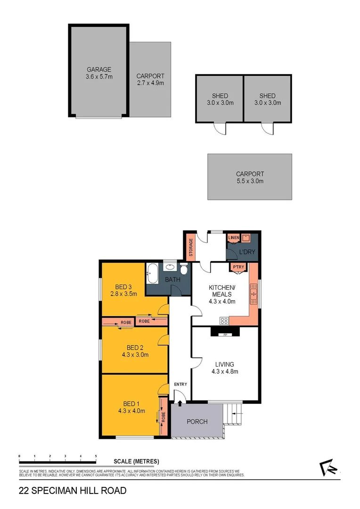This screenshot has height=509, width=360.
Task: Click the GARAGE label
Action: point(99,69)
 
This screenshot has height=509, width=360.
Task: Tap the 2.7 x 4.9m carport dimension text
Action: point(150,83)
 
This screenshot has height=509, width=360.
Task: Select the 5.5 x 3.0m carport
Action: point(250,177)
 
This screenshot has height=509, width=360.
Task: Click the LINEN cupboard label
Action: point(234,238)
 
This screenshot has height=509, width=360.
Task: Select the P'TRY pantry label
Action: point(237,268)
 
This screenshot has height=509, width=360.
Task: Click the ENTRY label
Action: point(180,385)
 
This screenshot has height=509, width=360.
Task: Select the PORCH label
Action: point(197,421)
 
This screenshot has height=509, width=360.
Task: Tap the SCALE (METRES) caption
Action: point(136,461)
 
